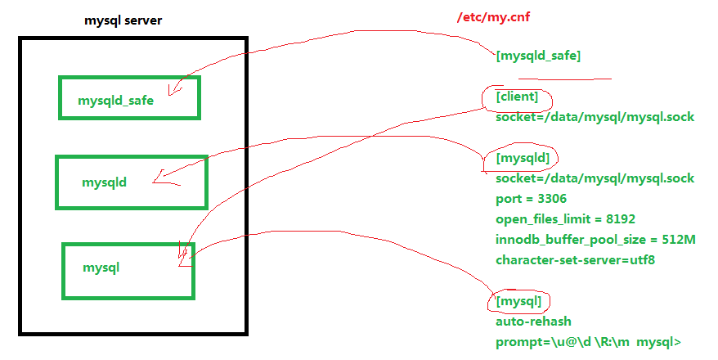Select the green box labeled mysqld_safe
128,98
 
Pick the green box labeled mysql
128,268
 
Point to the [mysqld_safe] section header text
538,56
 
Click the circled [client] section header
517,98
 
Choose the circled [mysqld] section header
522,156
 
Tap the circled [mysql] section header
518,302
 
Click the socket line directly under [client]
595,117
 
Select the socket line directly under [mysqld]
595,178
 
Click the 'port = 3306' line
531,198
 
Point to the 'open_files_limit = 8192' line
565,219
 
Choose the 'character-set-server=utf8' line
575,260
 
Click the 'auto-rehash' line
533,322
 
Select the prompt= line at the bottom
588,342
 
